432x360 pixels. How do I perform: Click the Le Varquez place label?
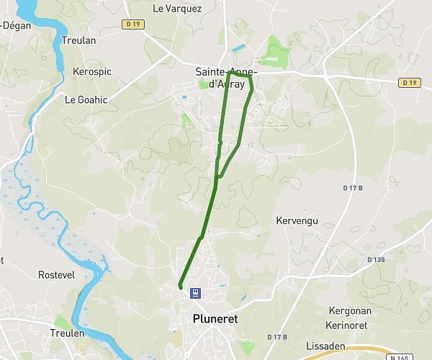point(178,9)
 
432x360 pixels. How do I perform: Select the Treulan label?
point(78,41)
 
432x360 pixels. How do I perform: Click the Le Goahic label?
point(86,100)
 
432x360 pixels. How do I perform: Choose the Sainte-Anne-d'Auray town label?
point(227,78)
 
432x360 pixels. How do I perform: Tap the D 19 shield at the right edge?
point(408,83)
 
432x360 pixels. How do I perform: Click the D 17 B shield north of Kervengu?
point(351,188)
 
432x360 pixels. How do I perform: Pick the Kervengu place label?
point(297,220)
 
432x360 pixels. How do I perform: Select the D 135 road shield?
point(375,259)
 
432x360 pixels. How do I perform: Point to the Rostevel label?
point(57,275)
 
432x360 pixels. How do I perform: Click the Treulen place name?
point(67,333)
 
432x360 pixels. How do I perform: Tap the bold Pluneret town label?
point(215,318)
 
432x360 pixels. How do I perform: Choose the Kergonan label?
point(349,310)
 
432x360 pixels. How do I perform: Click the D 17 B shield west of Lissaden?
point(277,337)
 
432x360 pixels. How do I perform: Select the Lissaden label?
point(325,346)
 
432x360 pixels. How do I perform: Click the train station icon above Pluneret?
point(194,293)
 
